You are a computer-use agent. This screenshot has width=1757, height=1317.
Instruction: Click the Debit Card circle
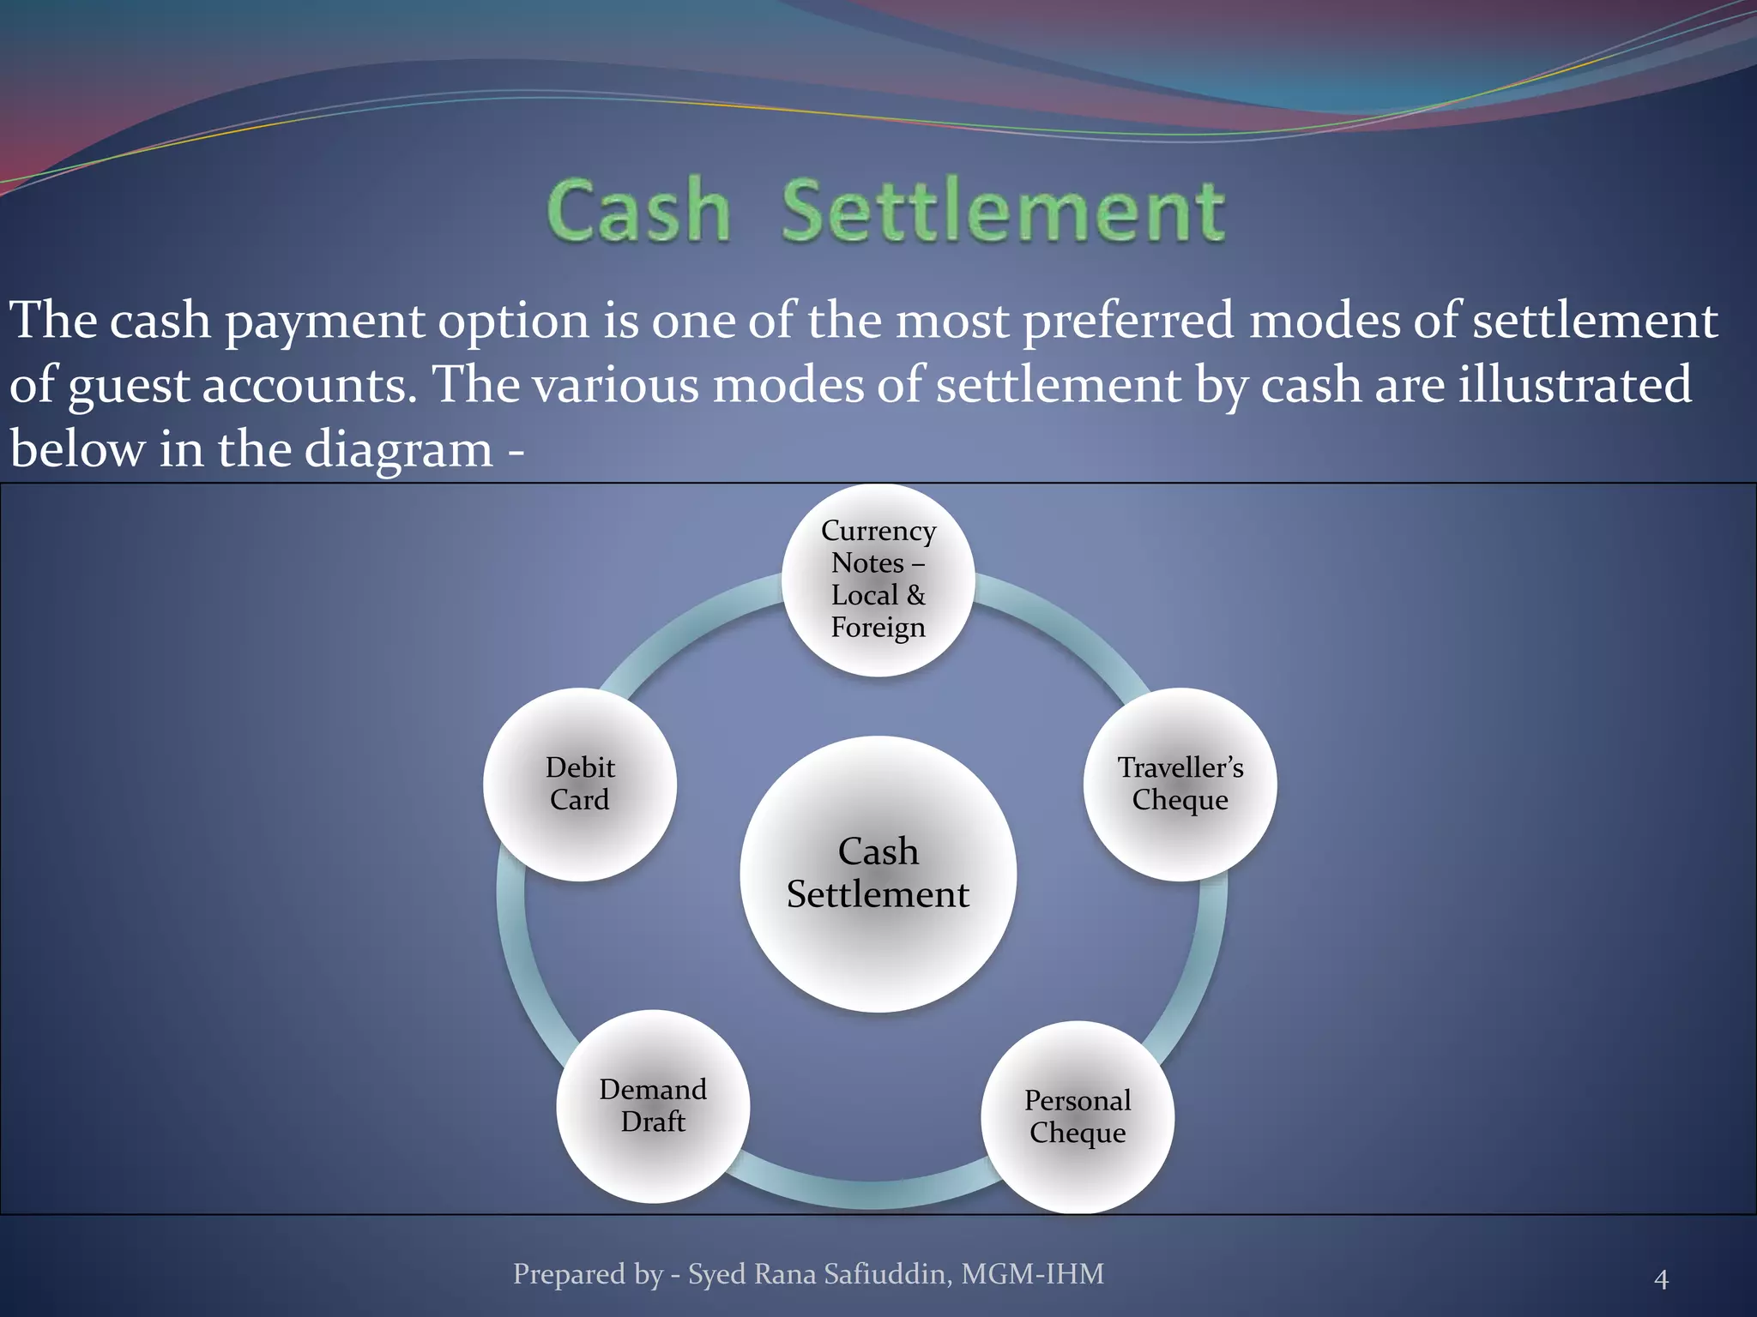point(580,785)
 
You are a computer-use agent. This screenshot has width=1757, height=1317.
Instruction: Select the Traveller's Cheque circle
point(1180,785)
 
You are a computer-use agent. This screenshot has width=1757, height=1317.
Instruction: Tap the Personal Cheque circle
point(1078,1117)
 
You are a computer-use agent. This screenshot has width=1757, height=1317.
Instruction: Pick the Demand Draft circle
point(653,1106)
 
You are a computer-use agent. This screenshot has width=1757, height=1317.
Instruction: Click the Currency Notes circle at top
point(878,580)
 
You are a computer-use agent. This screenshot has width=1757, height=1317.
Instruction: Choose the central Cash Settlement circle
point(878,875)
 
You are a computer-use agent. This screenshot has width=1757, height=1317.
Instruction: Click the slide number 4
point(1661,1279)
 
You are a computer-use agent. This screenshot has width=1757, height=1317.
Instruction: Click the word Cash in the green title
point(639,211)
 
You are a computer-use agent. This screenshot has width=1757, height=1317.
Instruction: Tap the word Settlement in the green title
point(1002,211)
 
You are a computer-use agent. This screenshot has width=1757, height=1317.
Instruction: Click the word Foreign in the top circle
point(878,628)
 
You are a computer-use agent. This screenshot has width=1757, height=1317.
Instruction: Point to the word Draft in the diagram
point(653,1122)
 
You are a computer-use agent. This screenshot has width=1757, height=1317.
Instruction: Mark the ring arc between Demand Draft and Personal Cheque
point(866,1194)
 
